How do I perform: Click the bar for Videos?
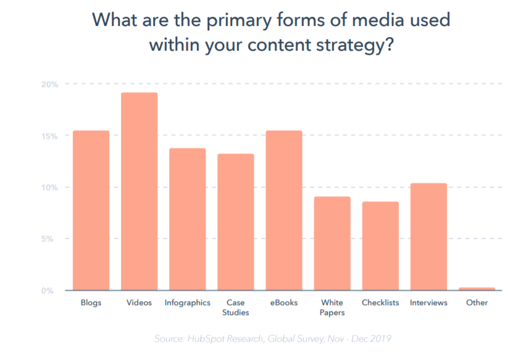pos(139,191)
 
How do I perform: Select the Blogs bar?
pos(91,210)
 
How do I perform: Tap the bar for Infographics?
pos(187,219)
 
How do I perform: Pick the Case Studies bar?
pos(235,222)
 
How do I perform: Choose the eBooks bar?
pos(283,210)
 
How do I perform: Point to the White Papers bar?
pos(331,243)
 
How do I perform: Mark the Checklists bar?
pos(380,246)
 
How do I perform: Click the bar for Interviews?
pos(428,237)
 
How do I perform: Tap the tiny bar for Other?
pos(477,288)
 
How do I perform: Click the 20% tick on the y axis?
pos(51,84)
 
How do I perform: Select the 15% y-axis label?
pos(51,136)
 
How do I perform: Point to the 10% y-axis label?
pos(51,187)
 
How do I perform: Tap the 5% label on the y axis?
pos(52,239)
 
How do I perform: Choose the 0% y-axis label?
pos(52,290)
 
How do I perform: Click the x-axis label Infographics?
pos(187,303)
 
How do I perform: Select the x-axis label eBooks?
pos(283,303)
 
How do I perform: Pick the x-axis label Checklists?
pos(380,303)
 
